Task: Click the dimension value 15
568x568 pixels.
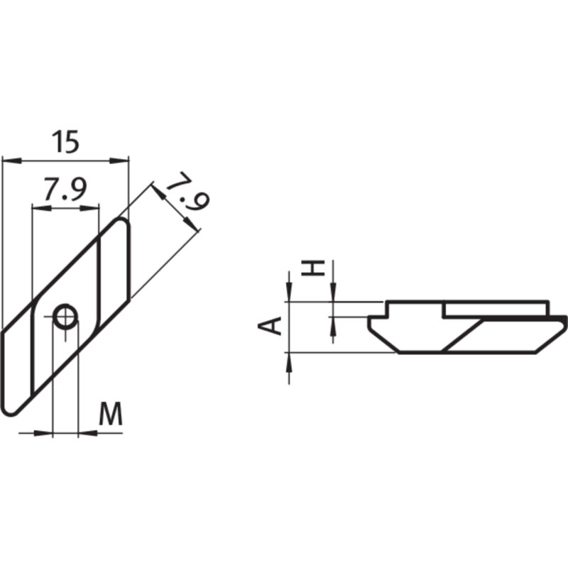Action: tap(65, 142)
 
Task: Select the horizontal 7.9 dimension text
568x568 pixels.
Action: tap(65, 190)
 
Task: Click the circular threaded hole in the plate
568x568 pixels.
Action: tap(66, 317)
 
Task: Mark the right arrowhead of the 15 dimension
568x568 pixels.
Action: tap(122, 160)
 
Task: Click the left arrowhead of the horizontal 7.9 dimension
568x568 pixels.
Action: tap(39, 207)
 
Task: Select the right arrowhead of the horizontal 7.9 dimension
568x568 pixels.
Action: tap(92, 207)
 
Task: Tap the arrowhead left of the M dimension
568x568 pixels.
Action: tap(46, 432)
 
